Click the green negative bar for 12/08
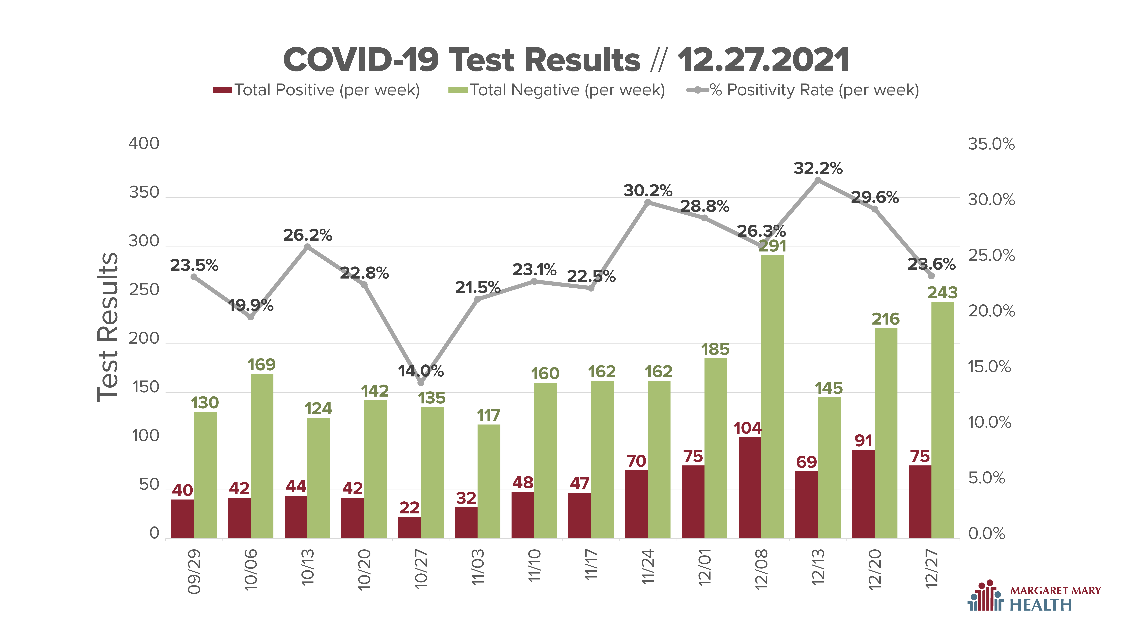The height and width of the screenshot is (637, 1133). pos(772,397)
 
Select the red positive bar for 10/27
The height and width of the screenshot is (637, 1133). pos(410,528)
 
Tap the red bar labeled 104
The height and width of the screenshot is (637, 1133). pos(750,488)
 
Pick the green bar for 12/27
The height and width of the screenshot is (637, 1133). pos(943,420)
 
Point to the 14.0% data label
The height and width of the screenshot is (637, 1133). pos(421,372)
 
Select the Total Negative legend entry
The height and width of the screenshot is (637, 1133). pos(556,90)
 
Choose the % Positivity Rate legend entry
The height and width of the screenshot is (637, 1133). pos(803,90)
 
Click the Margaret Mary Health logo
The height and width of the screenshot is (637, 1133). pos(1034,596)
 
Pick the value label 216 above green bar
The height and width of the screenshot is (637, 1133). pos(886,319)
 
